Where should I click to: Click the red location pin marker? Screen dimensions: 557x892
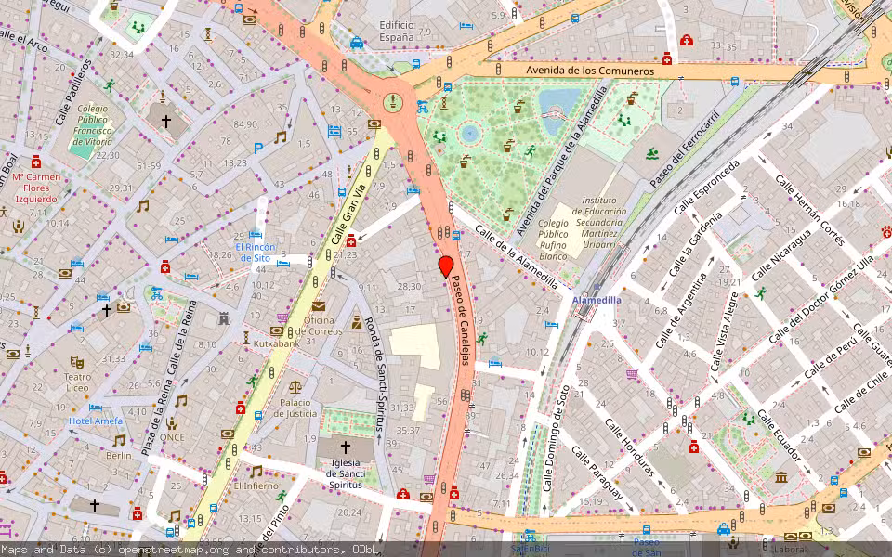(x=446, y=266)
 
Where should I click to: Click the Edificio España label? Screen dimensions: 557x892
(x=396, y=31)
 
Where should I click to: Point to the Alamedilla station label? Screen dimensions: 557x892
(x=597, y=302)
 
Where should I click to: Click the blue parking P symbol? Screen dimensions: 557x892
(x=257, y=148)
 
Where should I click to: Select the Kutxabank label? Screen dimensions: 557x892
(x=277, y=343)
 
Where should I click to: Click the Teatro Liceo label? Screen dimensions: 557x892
(x=77, y=383)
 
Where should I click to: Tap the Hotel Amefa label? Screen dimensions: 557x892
(x=95, y=421)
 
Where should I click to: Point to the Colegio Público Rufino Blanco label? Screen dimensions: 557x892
(x=554, y=240)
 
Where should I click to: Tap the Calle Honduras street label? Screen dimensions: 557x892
(x=630, y=447)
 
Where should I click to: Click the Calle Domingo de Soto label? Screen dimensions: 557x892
(x=555, y=438)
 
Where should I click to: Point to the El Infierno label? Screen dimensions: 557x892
(x=256, y=486)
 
